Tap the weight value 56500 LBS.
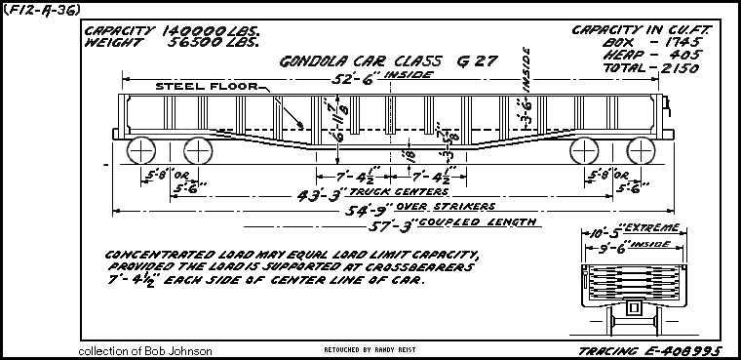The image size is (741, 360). point(216,43)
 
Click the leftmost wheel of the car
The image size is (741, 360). point(142,151)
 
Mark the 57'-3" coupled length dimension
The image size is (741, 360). point(390,222)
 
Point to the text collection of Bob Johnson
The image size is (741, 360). point(146,349)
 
